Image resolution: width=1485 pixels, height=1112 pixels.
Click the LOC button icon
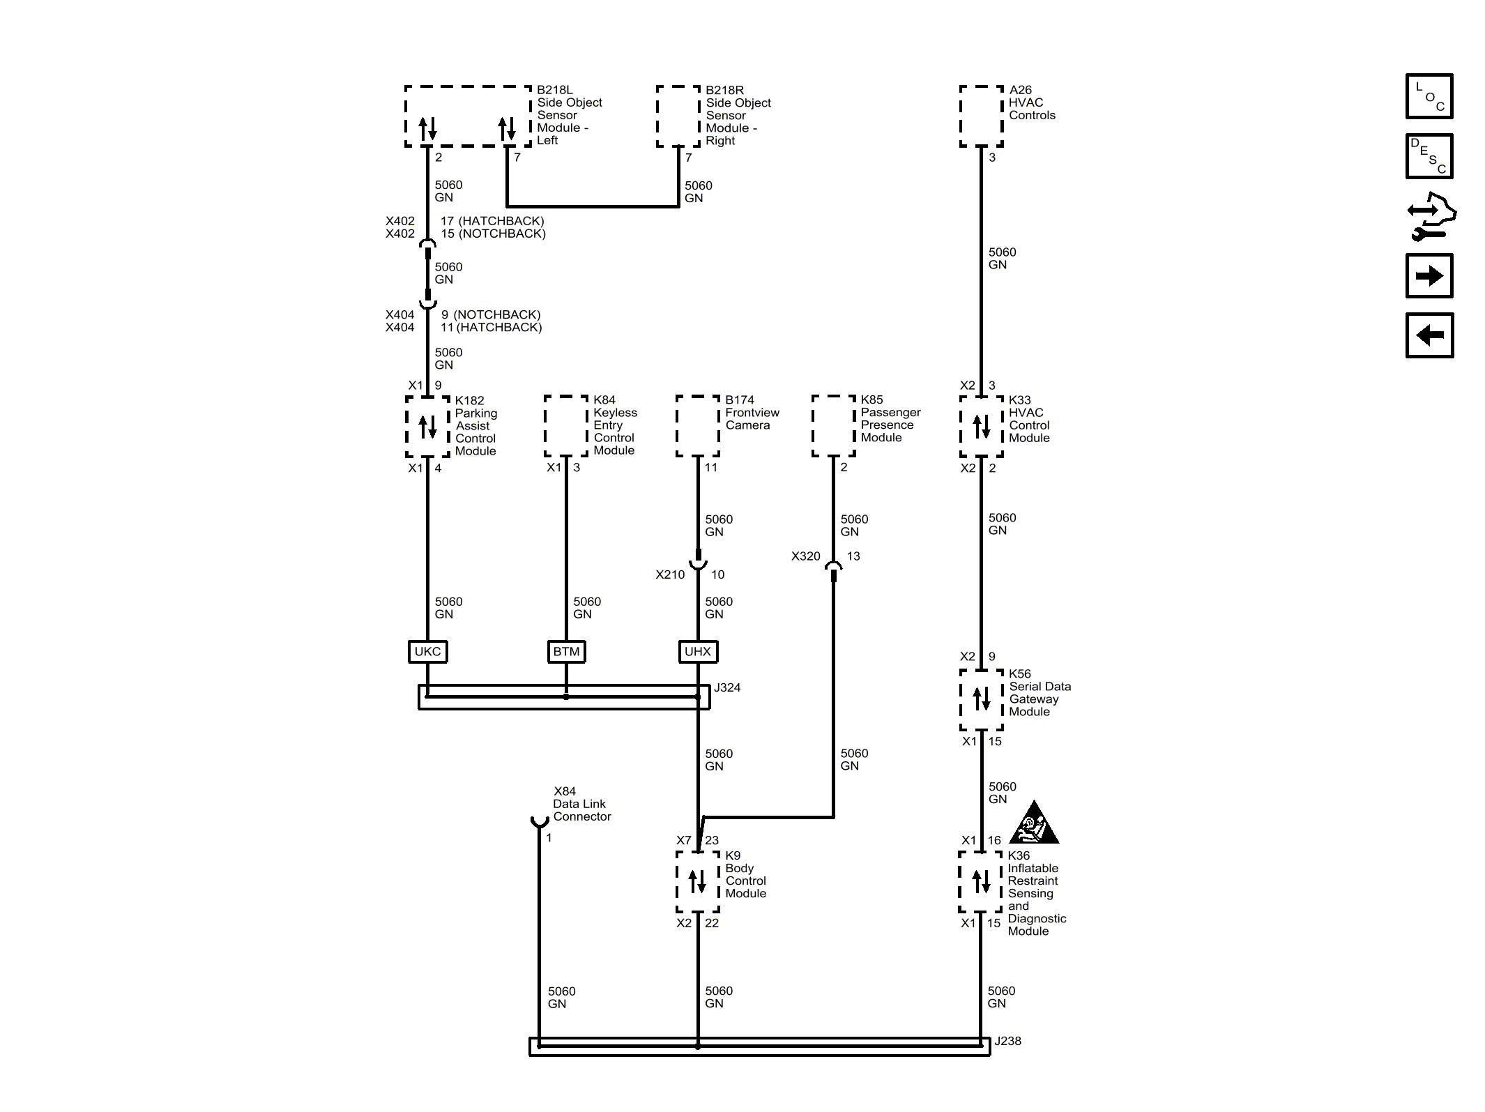1429,96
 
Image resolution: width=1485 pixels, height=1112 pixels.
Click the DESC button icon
1429,156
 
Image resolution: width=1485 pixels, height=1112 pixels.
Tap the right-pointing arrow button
1429,276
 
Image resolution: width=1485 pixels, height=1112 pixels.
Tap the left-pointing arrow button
1429,335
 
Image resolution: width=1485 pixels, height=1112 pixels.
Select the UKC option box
427,651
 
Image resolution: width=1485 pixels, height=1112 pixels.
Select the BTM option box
566,651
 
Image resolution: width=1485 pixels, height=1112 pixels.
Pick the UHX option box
698,651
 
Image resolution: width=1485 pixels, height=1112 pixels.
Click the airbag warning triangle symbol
1035,825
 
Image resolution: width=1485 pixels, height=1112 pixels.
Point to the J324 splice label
727,687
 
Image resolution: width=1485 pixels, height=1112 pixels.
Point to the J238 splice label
1007,1041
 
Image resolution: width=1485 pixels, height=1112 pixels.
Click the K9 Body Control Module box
697,881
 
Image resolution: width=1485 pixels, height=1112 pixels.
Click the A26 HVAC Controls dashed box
981,116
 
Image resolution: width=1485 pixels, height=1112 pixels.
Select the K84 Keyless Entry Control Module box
565,426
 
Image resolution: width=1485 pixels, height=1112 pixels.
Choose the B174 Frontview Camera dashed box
697,426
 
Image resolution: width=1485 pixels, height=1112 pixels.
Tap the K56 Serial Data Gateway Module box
981,699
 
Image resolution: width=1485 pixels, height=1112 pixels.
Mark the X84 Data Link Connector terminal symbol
539,822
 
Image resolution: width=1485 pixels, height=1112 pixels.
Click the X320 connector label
805,556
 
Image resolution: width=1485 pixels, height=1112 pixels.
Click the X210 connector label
670,574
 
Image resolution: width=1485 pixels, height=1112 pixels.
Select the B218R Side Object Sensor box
678,116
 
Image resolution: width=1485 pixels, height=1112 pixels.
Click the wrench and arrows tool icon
1430,217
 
